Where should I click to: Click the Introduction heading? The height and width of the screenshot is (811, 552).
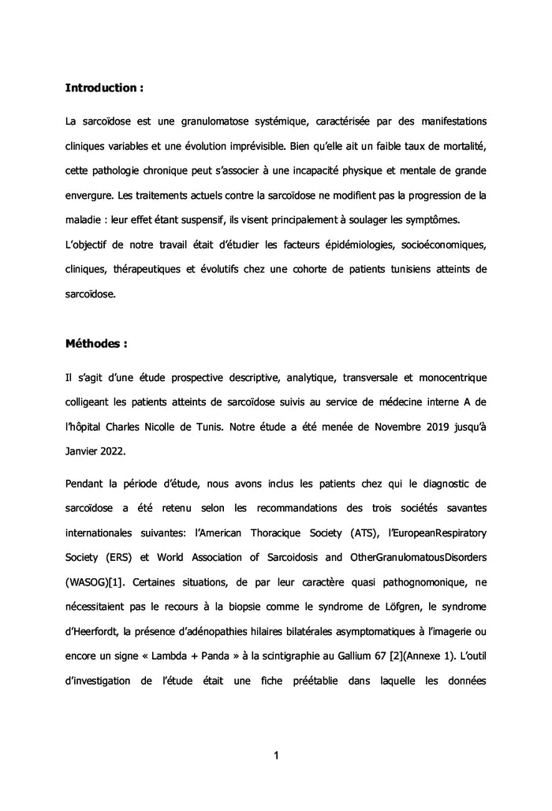pos(103,88)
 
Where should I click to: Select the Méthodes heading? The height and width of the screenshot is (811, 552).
pos(95,344)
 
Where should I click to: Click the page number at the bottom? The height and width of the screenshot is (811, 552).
pos(276,756)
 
